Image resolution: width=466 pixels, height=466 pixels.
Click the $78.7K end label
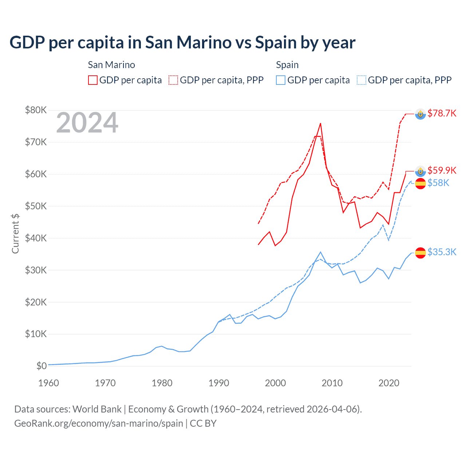coord(442,113)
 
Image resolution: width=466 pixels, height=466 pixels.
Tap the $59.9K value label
coord(442,170)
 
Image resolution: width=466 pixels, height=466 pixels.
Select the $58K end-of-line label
coord(438,183)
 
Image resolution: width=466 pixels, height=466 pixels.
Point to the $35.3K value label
coord(442,252)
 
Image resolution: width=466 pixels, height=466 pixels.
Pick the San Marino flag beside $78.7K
coord(420,114)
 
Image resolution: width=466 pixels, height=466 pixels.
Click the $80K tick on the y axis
coord(36,110)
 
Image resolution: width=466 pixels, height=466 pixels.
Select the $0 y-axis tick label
coord(42,366)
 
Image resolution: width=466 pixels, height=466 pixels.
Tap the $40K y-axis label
coord(36,238)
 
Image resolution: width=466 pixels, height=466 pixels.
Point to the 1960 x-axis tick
coord(48,383)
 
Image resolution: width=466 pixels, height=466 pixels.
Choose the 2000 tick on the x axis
coord(276,383)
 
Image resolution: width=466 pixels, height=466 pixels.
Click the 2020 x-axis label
coord(389,383)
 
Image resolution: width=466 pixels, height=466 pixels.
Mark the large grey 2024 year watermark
coord(87,123)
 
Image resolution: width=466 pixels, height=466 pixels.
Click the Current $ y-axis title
coord(15,233)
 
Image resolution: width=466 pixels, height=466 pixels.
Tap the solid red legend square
coord(93,80)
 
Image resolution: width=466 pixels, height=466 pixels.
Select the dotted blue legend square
coord(361,80)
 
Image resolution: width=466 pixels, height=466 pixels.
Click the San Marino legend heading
coord(111,65)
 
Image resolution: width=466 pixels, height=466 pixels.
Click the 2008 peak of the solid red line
coord(320,123)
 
